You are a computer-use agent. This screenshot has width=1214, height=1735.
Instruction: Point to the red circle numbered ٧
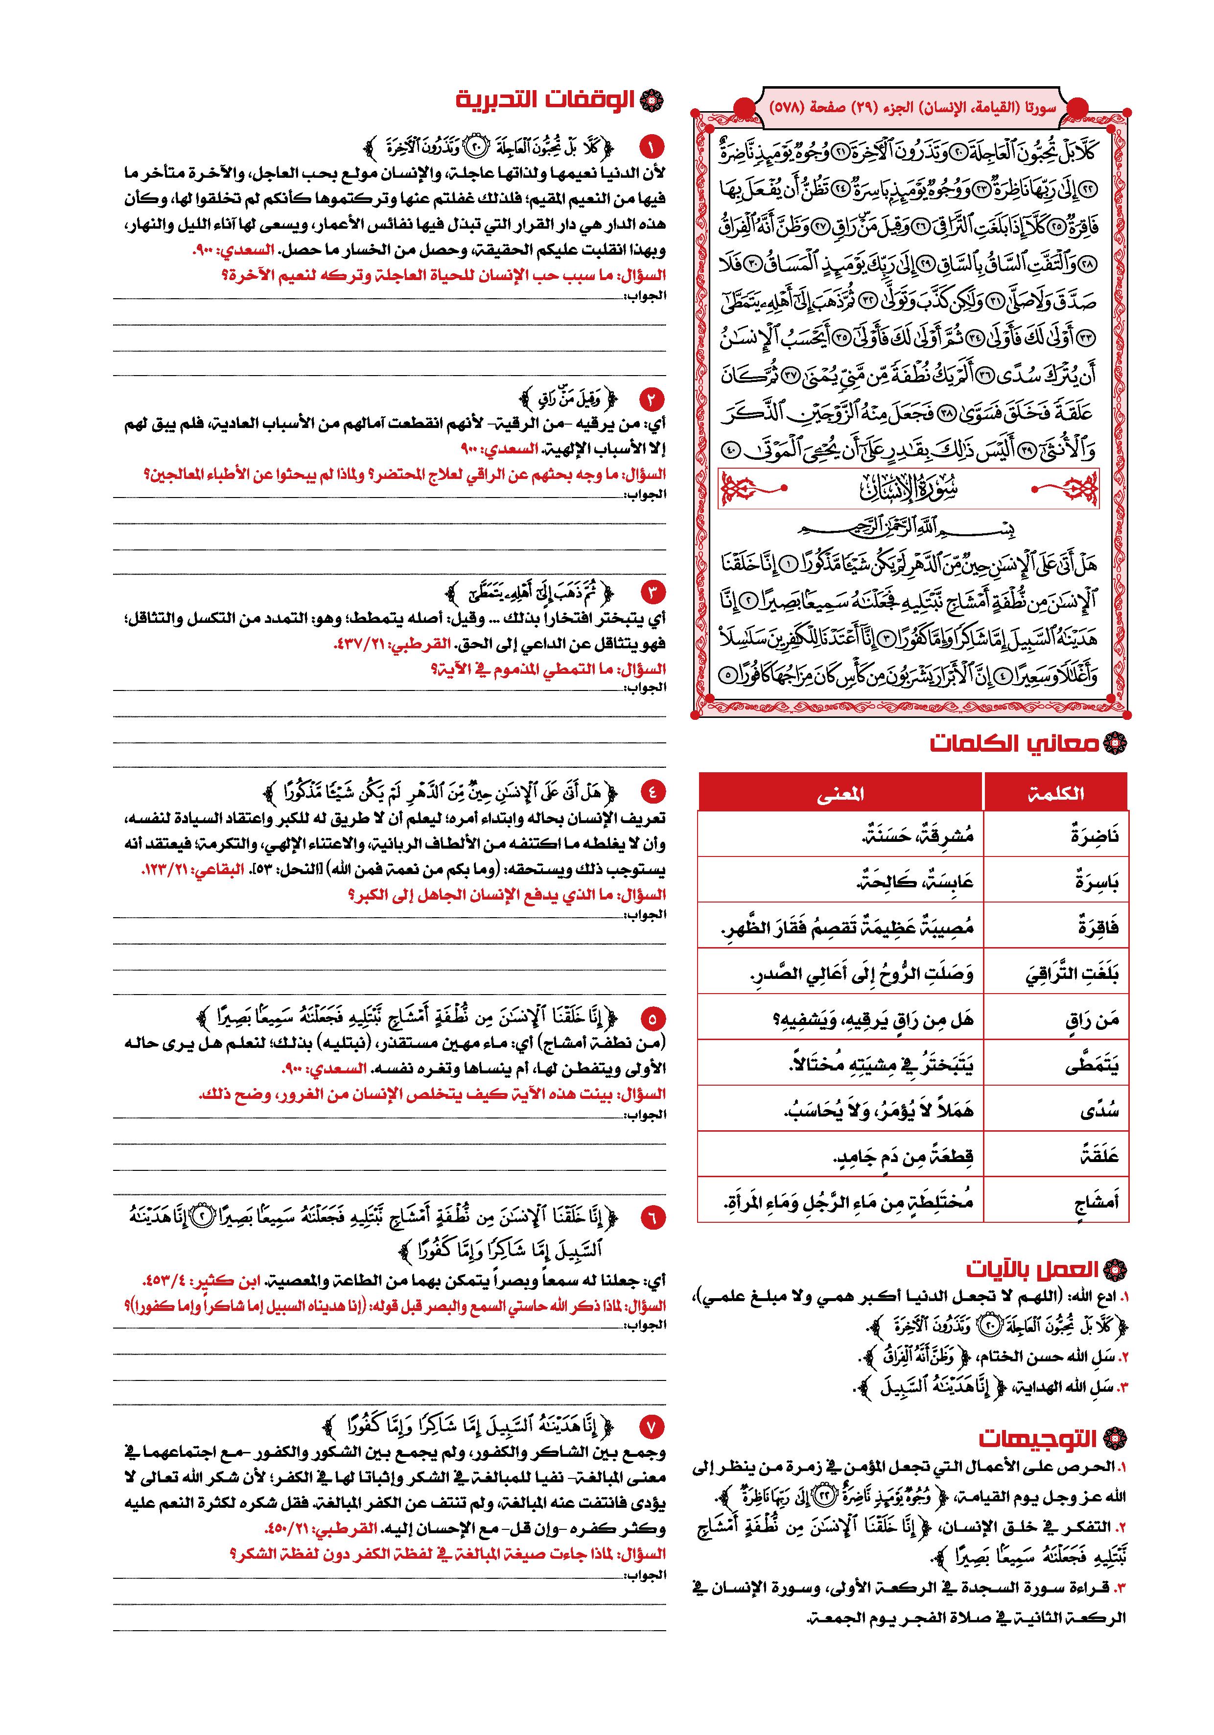651,1426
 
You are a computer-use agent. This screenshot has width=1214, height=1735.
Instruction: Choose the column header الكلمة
1055,793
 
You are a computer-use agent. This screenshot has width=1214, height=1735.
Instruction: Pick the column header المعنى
840,793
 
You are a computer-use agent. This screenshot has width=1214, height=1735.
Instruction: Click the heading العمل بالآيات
1034,1269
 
